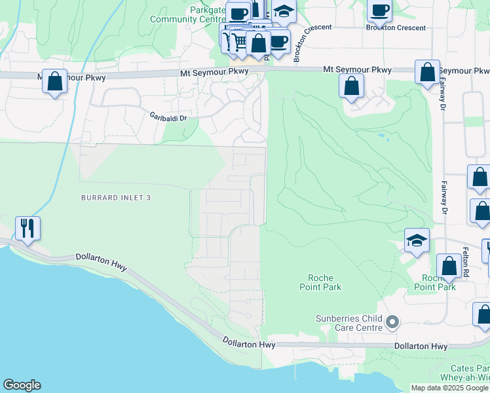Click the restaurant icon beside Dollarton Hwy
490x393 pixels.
click(28, 228)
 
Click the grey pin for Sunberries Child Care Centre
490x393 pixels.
click(392, 322)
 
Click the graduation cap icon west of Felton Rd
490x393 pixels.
click(417, 240)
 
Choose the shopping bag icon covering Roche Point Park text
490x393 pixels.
click(449, 267)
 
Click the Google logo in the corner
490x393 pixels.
click(22, 385)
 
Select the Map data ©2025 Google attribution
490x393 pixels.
click(449, 388)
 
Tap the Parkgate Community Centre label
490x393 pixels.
click(188, 14)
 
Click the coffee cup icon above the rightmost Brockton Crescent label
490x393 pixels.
click(379, 10)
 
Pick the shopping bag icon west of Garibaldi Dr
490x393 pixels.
click(55, 83)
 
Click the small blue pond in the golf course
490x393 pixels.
click(381, 136)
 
